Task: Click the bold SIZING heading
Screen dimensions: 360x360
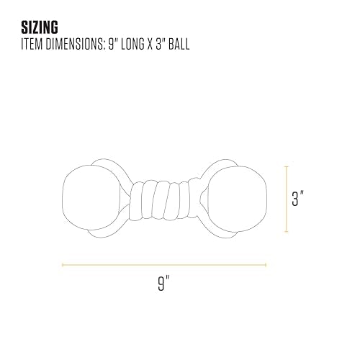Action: (x=40, y=27)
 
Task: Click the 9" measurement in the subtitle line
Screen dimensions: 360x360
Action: (x=113, y=44)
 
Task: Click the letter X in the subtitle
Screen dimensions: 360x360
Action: (x=150, y=44)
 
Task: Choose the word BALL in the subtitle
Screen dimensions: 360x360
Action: (x=179, y=44)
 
